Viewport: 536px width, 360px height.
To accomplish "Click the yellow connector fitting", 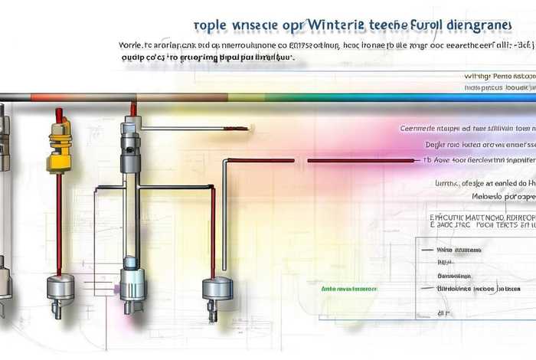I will click(x=59, y=149).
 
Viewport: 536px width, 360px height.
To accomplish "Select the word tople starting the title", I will click(x=211, y=25).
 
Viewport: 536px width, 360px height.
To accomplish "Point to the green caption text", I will click(x=348, y=290).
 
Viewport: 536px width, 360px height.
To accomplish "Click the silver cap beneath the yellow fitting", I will click(x=59, y=286).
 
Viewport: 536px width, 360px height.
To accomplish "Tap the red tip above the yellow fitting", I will click(x=58, y=114).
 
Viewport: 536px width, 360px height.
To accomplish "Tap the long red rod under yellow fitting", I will click(x=58, y=222).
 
